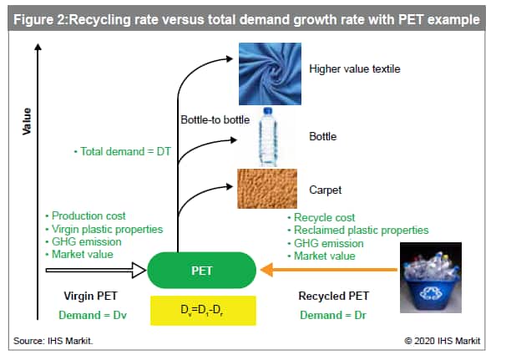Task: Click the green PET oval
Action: tap(202, 271)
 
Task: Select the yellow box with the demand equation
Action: tap(203, 310)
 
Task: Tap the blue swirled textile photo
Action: tap(270, 74)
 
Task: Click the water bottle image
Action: tap(268, 137)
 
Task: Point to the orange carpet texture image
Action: tap(267, 189)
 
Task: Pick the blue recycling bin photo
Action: tap(431, 277)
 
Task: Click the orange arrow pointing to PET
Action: tap(329, 270)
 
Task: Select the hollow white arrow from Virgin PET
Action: tap(96, 271)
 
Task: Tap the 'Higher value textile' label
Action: tap(355, 68)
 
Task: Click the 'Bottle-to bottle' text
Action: tap(215, 119)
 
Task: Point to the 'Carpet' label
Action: tap(326, 190)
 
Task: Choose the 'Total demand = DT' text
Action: tap(122, 151)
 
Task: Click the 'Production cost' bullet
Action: tap(85, 215)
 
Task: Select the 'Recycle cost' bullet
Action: tap(321, 217)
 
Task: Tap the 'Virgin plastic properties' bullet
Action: tap(104, 229)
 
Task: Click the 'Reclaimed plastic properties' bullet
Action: tap(358, 231)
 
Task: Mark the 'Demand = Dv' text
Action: tap(93, 315)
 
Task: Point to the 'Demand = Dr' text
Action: tap(333, 315)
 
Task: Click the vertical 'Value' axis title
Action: tap(27, 121)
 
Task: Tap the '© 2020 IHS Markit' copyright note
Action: tap(442, 341)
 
